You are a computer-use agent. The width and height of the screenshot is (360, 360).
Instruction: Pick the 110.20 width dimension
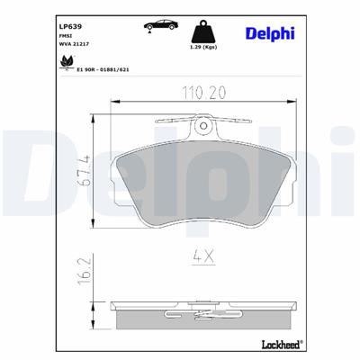[x=205, y=93]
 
